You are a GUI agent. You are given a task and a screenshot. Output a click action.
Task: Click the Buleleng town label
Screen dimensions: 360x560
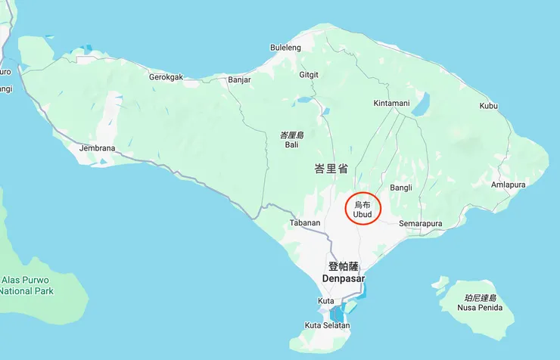click(285, 48)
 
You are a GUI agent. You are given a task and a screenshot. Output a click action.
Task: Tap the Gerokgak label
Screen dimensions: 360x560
click(166, 77)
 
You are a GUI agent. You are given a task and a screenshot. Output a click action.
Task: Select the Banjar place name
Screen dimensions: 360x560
click(239, 79)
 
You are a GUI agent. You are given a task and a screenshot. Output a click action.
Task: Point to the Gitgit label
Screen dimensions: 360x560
click(309, 75)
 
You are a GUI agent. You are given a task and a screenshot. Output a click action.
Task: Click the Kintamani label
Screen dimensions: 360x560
click(391, 103)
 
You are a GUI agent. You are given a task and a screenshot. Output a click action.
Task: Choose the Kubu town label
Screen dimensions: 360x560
click(488, 106)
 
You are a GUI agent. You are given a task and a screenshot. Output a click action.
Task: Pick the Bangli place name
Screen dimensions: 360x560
click(400, 188)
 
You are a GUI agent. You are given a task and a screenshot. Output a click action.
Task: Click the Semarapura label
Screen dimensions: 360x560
click(420, 224)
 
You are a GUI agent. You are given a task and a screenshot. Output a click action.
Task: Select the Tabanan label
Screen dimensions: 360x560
click(306, 223)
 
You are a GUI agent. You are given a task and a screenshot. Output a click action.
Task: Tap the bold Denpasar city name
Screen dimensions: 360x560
click(343, 279)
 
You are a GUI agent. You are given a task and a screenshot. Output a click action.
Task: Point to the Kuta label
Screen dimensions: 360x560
click(326, 301)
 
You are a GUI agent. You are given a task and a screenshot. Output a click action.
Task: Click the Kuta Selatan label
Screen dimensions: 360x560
click(327, 325)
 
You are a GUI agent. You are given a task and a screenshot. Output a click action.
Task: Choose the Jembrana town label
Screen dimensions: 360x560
click(97, 148)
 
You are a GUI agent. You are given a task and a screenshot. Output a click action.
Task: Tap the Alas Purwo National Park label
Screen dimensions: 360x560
click(27, 285)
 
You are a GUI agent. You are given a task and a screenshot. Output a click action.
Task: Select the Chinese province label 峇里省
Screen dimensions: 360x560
click(331, 169)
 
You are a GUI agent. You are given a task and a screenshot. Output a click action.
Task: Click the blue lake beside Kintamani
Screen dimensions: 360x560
click(420, 104)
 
